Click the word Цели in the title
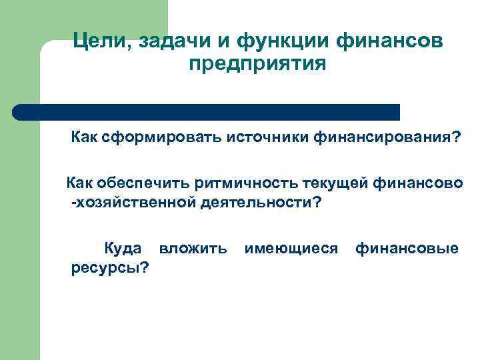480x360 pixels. point(102,41)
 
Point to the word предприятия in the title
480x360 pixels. point(257,65)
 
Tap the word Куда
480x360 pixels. point(122,249)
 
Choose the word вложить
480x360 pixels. point(193,249)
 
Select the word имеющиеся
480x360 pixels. point(291,249)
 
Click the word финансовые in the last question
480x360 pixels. point(407,249)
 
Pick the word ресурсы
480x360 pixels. point(105,268)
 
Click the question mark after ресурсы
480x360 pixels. point(144,268)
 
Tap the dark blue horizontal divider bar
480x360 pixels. point(207,111)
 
